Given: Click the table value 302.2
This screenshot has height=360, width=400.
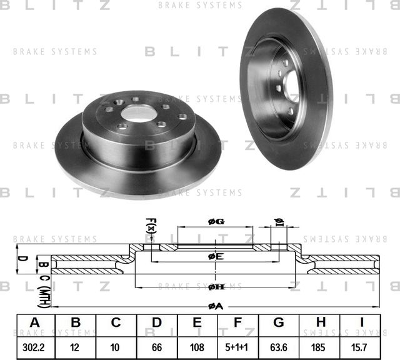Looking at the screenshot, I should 35,346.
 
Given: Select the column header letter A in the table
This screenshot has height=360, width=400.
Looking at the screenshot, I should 35,323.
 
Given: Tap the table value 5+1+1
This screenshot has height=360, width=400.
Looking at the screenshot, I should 238,346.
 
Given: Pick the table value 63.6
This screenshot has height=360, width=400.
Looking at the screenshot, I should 279,346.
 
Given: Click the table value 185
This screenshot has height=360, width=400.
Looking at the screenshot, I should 319,346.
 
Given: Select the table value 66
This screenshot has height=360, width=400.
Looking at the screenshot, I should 157,346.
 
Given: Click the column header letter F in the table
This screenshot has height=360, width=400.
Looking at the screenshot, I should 238,323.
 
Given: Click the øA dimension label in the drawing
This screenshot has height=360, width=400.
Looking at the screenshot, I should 216,305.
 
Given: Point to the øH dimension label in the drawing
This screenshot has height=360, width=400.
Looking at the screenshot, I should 216,286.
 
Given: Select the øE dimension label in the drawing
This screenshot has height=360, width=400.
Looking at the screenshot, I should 216,256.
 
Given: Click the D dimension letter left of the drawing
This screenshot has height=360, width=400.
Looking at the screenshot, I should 20,258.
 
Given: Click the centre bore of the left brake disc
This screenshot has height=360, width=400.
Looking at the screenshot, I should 139,113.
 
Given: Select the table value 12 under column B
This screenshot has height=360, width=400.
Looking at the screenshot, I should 76,346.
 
